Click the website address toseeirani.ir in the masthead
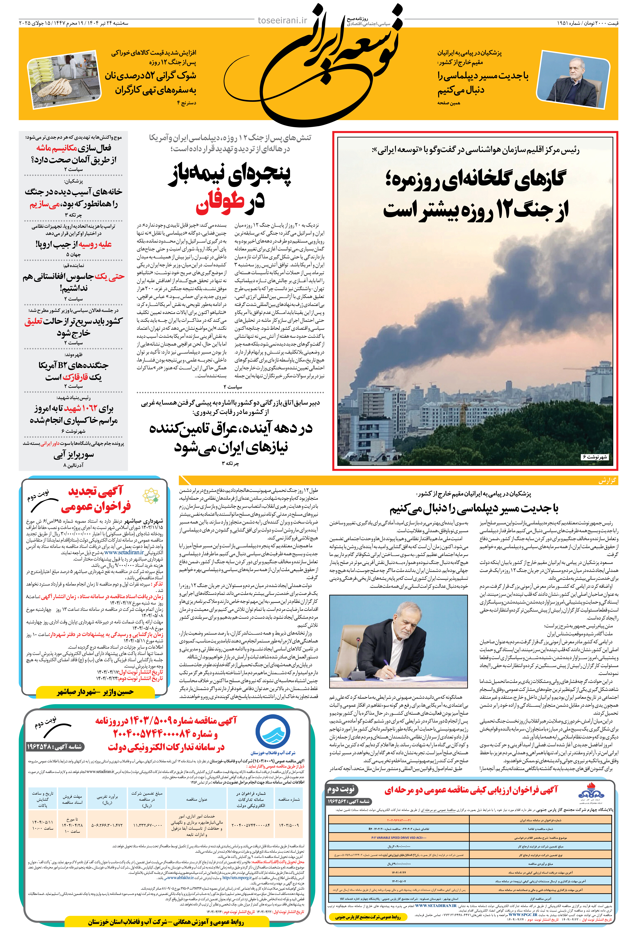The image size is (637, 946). point(282,20)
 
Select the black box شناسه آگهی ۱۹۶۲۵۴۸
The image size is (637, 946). point(55,747)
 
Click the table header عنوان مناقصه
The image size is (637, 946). point(197,799)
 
